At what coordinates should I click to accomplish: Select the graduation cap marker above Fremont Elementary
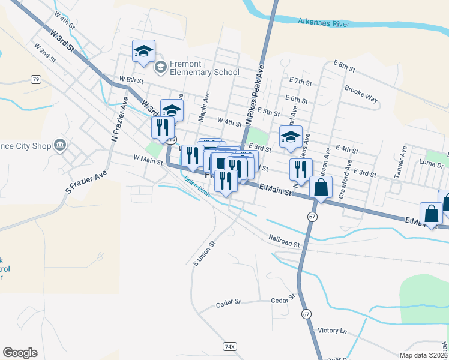(143, 51)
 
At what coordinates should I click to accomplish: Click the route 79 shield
(36, 79)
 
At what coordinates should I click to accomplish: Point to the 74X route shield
(229, 346)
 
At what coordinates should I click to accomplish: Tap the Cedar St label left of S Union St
(228, 304)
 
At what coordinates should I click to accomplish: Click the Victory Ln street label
(333, 331)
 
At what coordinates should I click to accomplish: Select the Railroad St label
(284, 241)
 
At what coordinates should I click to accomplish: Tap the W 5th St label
(131, 79)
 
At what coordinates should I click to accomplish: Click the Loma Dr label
(431, 163)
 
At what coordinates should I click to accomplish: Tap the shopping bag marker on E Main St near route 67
(321, 187)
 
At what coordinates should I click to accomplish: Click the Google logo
(20, 353)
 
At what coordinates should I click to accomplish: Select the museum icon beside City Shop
(60, 145)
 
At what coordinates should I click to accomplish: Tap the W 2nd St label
(45, 52)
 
